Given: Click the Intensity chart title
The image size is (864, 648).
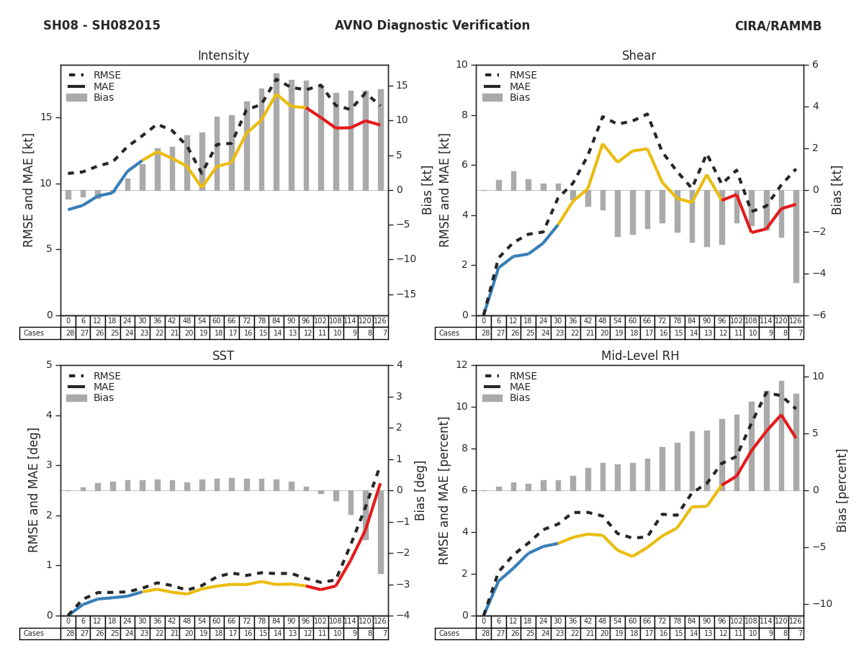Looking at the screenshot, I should [223, 56].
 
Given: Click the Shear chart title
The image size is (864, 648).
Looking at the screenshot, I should [639, 56].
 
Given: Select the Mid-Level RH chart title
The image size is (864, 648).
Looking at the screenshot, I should [639, 356].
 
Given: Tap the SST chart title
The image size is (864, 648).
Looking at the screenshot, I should [223, 356].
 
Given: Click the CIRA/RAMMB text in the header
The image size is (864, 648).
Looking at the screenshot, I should [778, 26].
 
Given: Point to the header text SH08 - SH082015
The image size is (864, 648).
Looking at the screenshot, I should [102, 26].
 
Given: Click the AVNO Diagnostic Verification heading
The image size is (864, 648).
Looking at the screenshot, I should [432, 26].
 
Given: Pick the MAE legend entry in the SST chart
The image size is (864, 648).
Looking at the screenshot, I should [104, 387].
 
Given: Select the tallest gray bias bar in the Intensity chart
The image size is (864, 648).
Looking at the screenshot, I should [276, 132].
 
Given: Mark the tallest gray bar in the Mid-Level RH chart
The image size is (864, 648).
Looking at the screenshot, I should [781, 436].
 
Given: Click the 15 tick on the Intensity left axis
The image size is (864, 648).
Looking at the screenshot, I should [47, 117].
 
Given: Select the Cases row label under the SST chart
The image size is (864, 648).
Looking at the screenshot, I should [34, 634].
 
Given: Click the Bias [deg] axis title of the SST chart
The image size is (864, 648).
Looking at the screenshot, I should [420, 490].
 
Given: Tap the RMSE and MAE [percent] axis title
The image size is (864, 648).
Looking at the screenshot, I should [444, 490].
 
